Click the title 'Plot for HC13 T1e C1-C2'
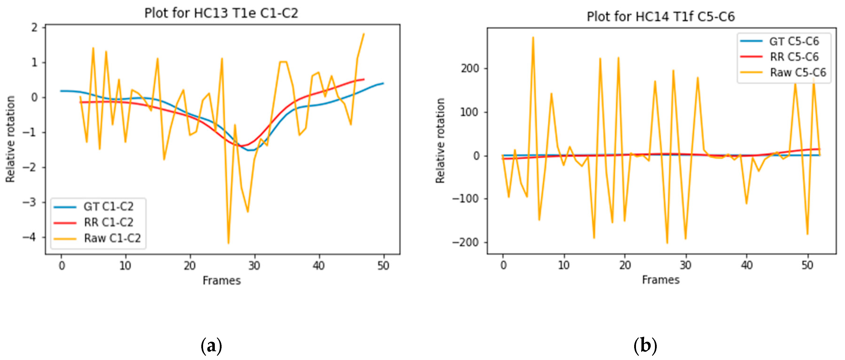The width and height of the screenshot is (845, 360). pos(221,13)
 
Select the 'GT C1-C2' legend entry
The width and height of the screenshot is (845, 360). pos(108,207)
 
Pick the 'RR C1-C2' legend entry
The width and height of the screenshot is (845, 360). pos(108,222)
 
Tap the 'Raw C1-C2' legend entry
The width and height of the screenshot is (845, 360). pos(112,238)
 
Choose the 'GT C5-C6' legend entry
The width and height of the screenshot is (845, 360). pos(794,41)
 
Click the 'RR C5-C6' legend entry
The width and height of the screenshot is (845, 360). pos(794,57)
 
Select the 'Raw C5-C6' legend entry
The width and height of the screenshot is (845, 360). pos(798,72)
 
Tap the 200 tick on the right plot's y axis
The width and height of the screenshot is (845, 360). pos(470,69)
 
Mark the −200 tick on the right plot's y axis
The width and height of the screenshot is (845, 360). pos(466,242)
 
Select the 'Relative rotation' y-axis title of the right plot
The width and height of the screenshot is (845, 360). pos(440,141)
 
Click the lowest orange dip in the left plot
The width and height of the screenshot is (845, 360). pos(228,243)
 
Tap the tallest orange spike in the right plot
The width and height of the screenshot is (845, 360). pos(533,37)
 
